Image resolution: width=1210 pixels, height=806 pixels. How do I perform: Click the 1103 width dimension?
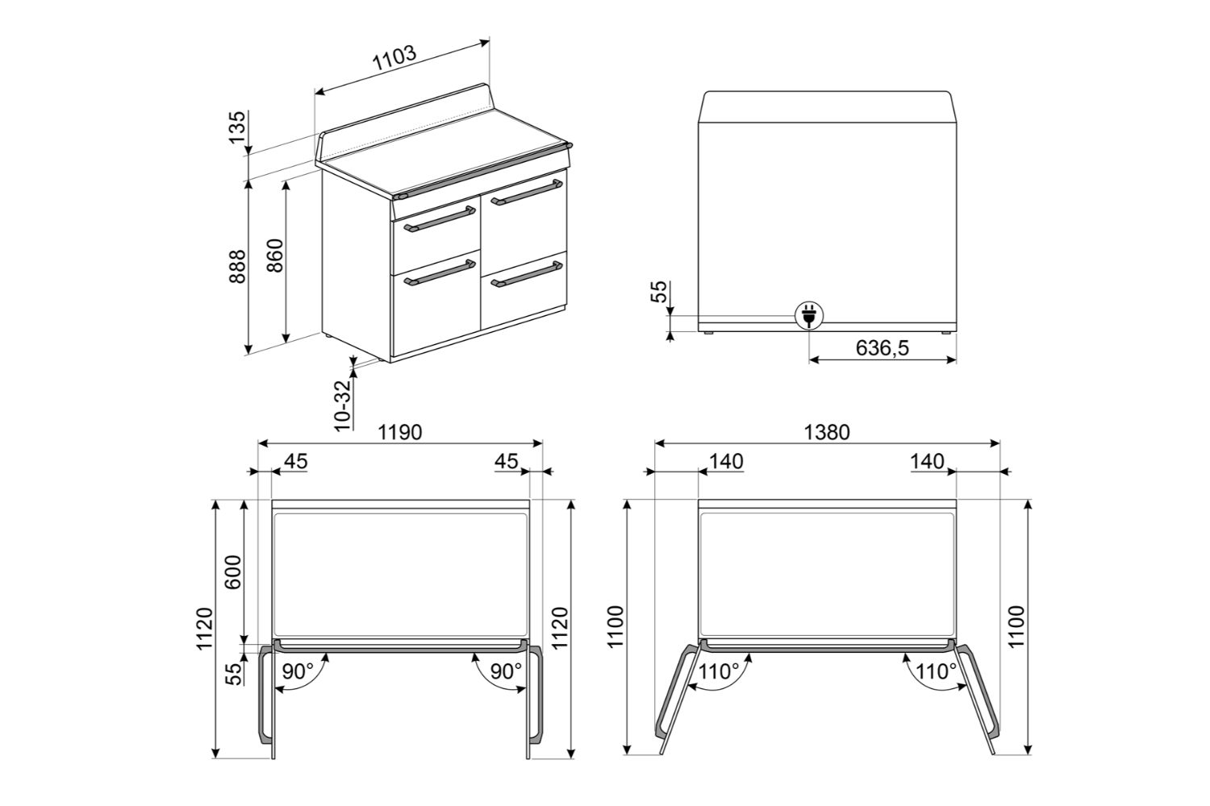[x=395, y=59]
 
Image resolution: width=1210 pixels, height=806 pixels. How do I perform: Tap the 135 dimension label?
[x=237, y=127]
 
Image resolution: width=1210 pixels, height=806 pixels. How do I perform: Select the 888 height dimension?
[x=237, y=266]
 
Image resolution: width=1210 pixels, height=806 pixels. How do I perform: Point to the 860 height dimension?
[x=275, y=256]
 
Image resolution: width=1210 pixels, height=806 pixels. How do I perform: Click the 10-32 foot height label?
[x=343, y=405]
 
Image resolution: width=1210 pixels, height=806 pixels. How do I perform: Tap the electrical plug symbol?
[x=808, y=315]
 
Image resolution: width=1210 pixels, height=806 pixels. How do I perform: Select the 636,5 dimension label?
[x=882, y=348]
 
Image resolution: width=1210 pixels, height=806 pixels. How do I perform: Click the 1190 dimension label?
[x=400, y=433]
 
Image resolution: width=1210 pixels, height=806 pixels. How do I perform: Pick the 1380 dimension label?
[x=827, y=433]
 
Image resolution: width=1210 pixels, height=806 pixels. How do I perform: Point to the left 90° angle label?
[x=298, y=671]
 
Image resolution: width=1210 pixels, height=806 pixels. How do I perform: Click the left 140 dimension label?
[x=726, y=462]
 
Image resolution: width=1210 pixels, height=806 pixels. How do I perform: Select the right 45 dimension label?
[x=506, y=462]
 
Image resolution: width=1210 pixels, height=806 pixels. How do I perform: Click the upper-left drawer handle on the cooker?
[x=439, y=219]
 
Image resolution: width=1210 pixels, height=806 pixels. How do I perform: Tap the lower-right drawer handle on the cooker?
[x=527, y=274]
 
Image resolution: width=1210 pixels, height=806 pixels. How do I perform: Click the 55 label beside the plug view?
[x=659, y=292]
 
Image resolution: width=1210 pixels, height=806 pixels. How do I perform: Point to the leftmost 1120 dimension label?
[x=205, y=629]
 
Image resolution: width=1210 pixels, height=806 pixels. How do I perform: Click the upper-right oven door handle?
[x=527, y=193]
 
